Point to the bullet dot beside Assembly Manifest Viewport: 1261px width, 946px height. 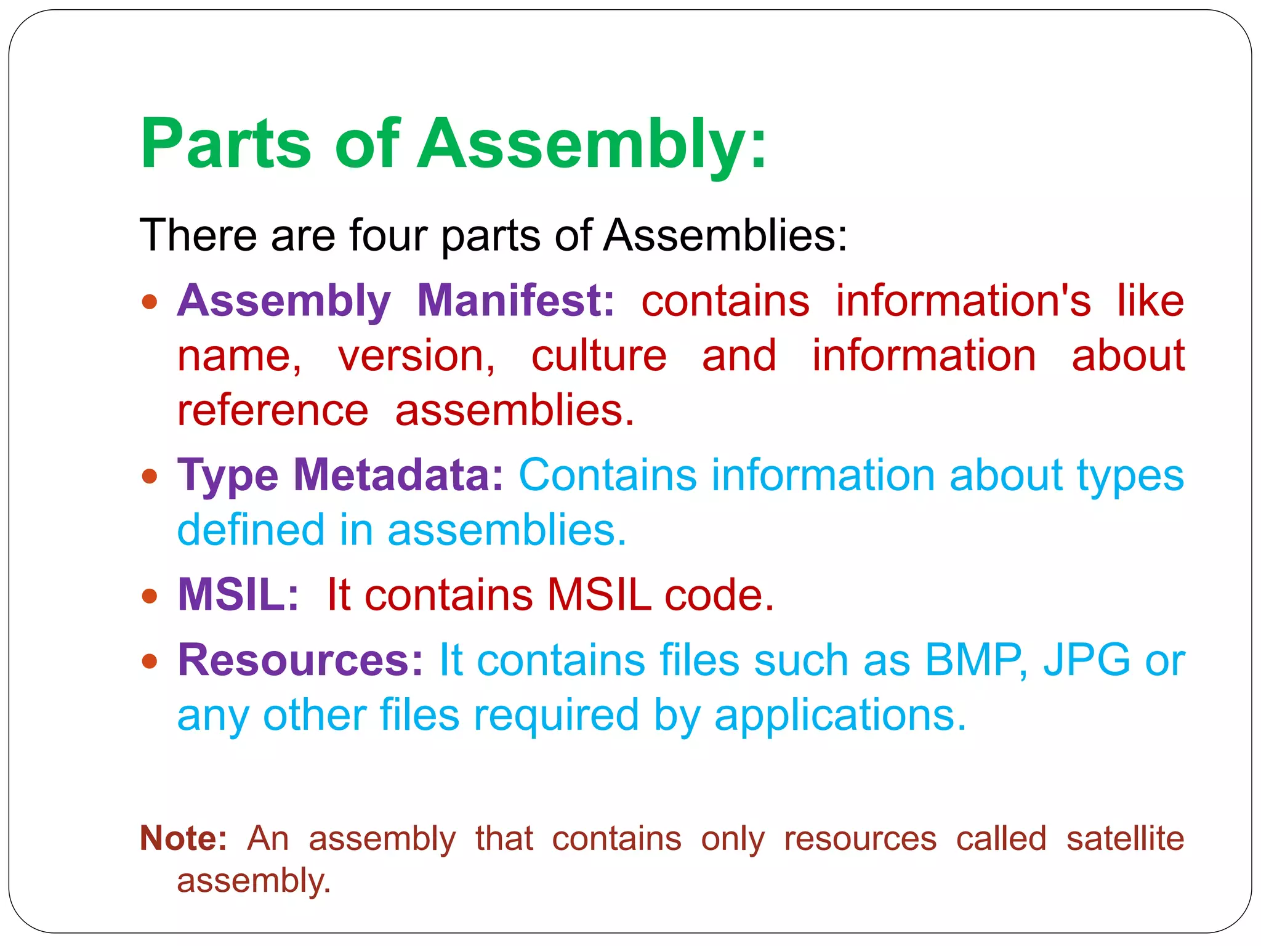point(150,302)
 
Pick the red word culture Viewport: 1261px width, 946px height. point(598,356)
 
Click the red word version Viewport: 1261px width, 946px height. point(416,356)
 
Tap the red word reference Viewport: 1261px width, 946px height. point(273,411)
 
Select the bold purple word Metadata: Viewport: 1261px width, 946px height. point(398,475)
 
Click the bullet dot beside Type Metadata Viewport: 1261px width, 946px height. point(150,476)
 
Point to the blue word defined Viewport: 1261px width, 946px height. point(251,530)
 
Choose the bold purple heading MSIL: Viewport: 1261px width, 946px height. point(238,595)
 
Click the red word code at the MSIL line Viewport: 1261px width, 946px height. point(718,595)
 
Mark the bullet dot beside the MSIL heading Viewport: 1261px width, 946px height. point(150,596)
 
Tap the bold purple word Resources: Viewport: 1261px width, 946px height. point(300,660)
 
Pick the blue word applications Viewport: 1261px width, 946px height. point(840,716)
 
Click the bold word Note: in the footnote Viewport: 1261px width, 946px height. point(183,838)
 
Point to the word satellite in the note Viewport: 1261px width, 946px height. point(1125,838)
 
